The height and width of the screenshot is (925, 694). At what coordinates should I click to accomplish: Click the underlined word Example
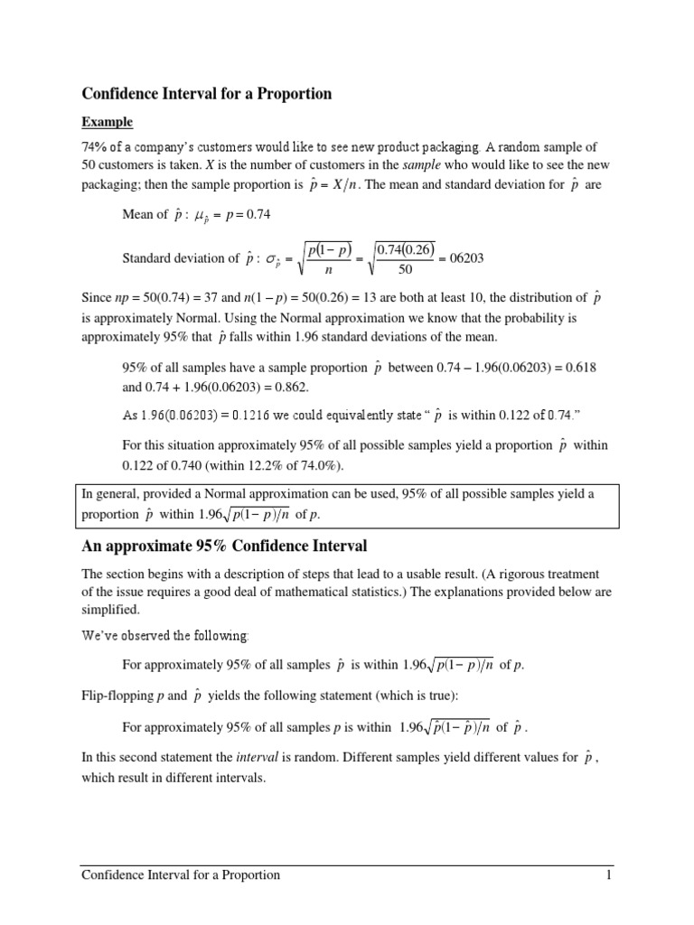(x=108, y=122)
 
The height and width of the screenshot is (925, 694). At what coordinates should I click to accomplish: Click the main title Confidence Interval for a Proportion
(x=207, y=93)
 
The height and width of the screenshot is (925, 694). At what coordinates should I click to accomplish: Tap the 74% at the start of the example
(x=96, y=146)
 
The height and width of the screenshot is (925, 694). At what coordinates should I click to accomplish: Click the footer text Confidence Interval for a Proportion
(x=181, y=874)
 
